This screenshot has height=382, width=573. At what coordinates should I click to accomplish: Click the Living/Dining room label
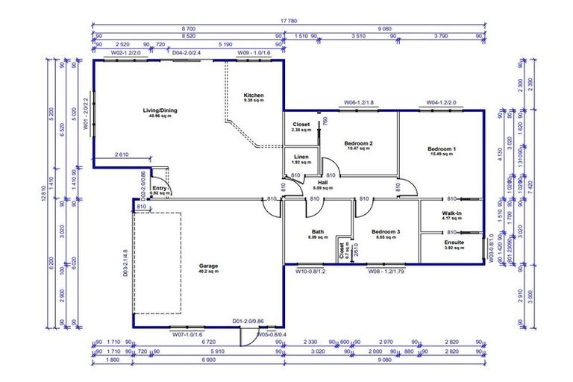pos(160,111)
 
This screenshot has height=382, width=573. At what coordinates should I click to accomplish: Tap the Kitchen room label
pos(254,95)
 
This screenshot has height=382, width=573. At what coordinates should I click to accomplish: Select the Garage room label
pos(208,266)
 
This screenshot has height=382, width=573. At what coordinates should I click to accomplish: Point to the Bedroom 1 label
pos(442,149)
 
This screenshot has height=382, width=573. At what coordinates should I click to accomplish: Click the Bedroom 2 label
pos(358,143)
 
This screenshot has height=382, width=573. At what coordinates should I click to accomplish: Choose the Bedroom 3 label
pos(386,232)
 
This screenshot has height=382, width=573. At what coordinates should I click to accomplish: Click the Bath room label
pos(318,232)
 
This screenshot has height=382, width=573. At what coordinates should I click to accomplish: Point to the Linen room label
pos(301,157)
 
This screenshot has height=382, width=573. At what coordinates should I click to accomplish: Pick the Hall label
pos(322,182)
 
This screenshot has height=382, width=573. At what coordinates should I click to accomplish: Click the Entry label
pos(160,189)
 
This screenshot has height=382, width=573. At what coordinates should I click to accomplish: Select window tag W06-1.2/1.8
pos(359,102)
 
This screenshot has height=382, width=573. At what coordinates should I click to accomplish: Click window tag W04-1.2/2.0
pos(442,102)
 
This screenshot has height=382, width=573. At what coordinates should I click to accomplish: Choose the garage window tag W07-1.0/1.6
pos(188,334)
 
